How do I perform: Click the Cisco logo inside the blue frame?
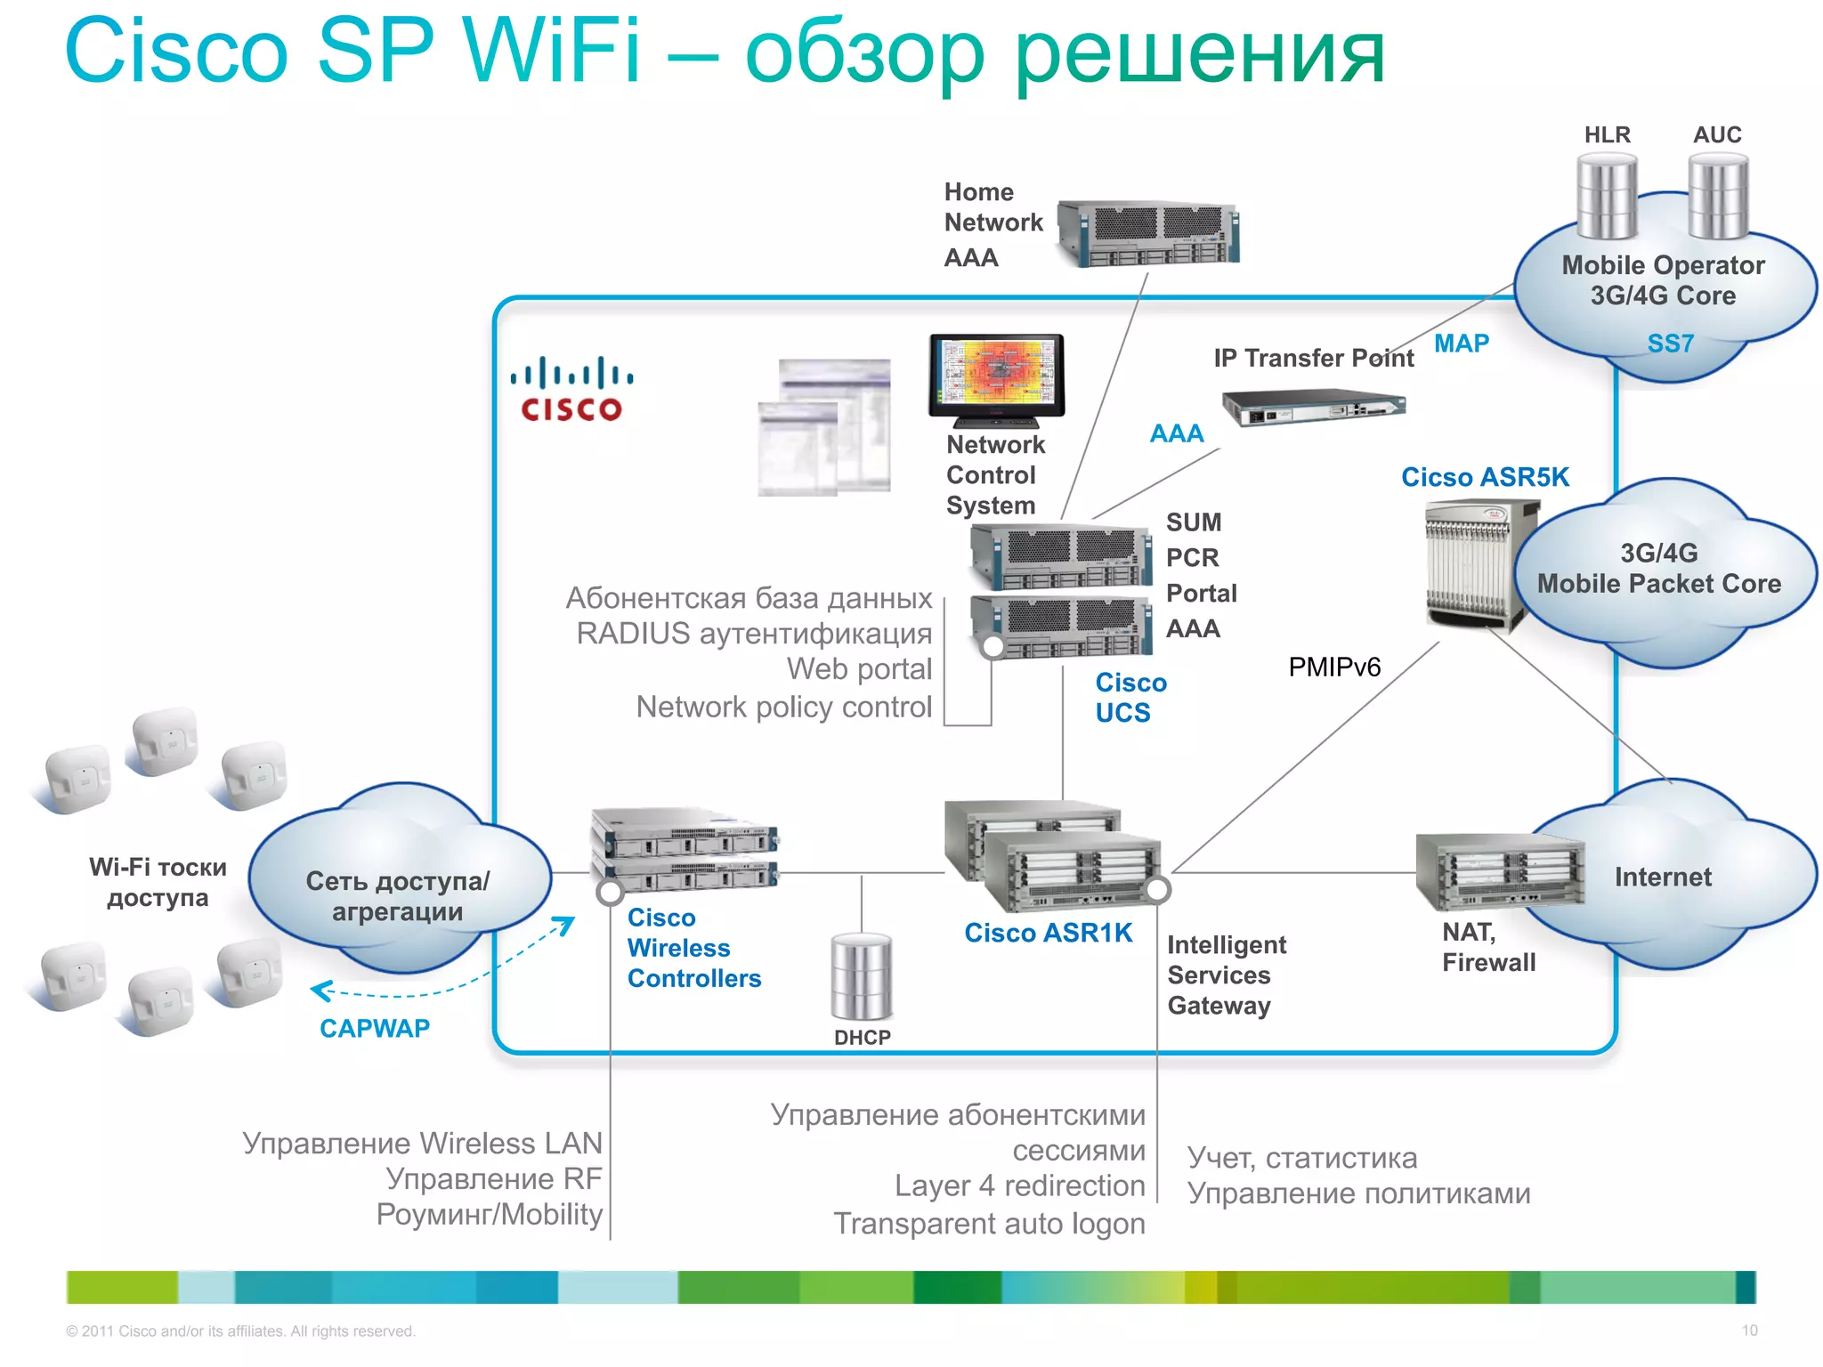571,389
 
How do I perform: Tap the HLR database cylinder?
1607,196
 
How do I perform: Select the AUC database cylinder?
1718,196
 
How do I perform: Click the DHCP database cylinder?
861,976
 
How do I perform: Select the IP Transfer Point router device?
1313,408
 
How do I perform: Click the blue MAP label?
1461,344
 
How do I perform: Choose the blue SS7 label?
1670,344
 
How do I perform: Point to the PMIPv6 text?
1333,667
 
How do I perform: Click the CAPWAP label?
374,1028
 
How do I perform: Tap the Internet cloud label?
1662,877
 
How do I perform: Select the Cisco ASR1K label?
1048,933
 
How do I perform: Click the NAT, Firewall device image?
1500,871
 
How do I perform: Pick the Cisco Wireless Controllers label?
693,948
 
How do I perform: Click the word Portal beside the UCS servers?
1201,593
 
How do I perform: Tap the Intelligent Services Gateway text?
1226,975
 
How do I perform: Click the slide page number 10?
1749,1331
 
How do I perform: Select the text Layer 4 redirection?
1019,1185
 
